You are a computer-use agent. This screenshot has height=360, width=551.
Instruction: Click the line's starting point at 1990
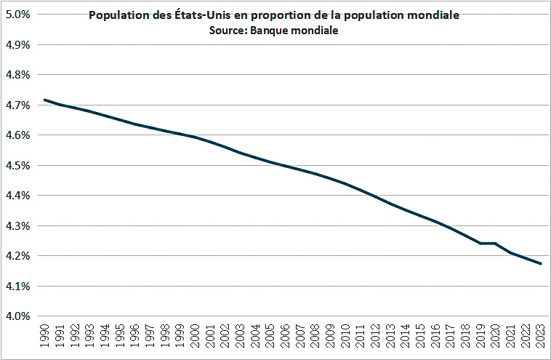click(45, 100)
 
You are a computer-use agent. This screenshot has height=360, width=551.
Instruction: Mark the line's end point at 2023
click(541, 263)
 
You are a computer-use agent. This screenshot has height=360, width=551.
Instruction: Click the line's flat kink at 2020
click(495, 243)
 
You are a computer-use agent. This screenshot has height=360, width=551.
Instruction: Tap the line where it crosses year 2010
click(344, 183)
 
